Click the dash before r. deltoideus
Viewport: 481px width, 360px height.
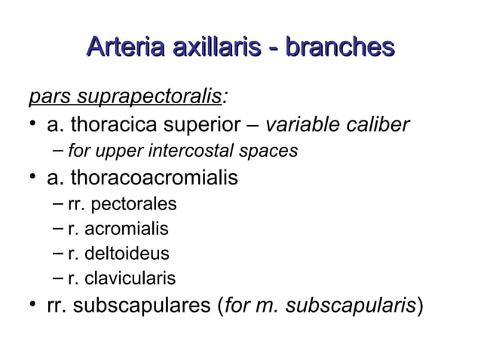click(x=60, y=254)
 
